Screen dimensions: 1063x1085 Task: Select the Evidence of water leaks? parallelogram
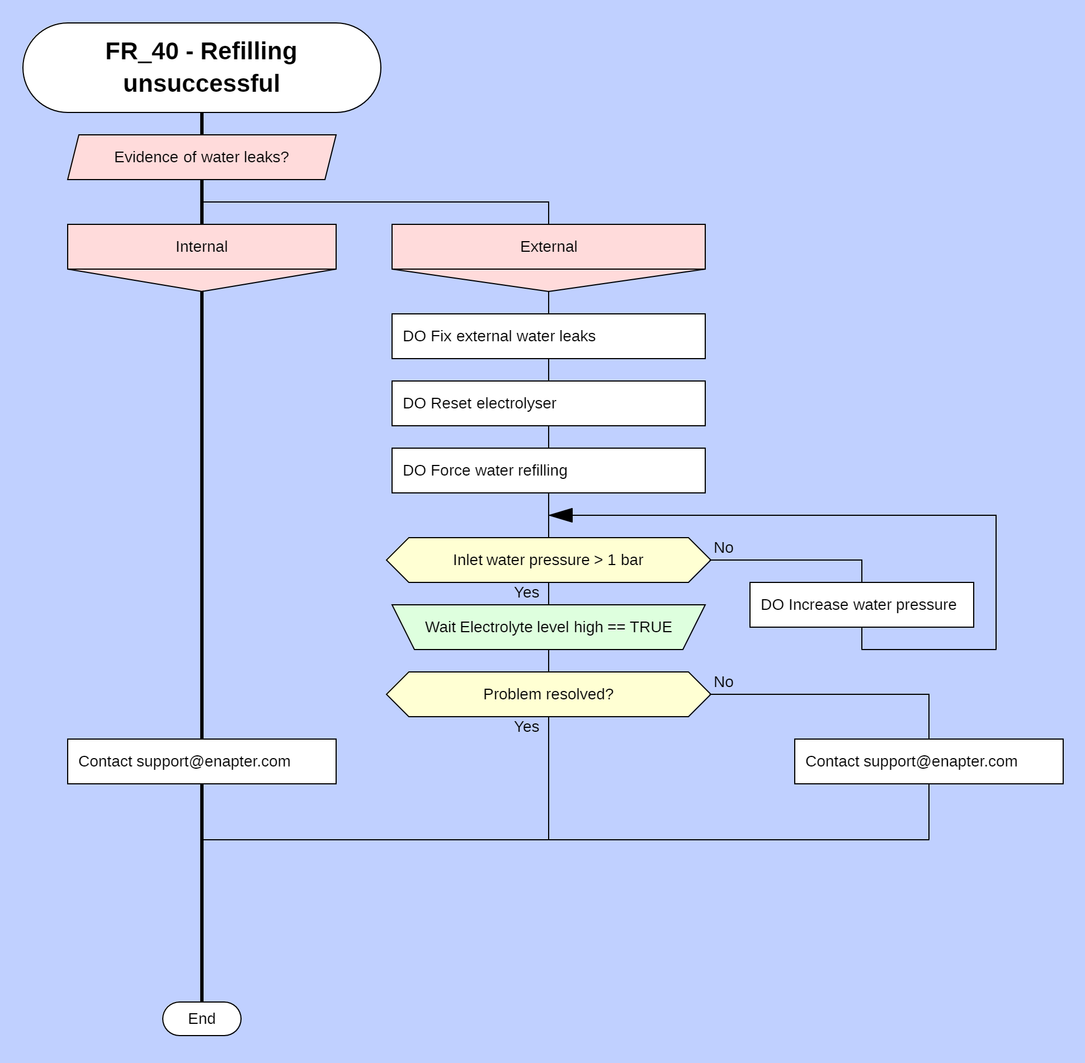click(201, 157)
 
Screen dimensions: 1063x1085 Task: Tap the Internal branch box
click(201, 247)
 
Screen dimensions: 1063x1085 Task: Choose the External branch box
click(548, 247)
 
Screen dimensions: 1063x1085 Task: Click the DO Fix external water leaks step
click(548, 336)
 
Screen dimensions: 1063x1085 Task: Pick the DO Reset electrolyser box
click(548, 403)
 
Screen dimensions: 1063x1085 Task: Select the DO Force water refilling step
click(548, 471)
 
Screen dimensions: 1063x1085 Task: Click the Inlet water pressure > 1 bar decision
click(548, 560)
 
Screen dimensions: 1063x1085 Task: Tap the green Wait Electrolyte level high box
click(548, 627)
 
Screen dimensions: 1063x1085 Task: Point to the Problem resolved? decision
click(548, 694)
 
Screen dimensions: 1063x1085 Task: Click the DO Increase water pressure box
click(861, 605)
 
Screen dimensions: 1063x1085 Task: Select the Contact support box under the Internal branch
click(201, 761)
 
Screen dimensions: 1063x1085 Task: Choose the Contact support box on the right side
click(928, 761)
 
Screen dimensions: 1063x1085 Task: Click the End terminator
click(201, 1019)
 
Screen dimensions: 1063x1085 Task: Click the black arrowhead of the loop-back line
click(561, 515)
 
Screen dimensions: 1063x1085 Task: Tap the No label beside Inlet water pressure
click(723, 548)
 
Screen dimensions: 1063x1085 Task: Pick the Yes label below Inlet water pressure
click(526, 592)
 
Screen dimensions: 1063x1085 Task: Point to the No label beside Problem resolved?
click(723, 682)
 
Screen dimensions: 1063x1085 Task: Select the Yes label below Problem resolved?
click(526, 727)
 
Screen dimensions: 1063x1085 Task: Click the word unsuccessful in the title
click(201, 84)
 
